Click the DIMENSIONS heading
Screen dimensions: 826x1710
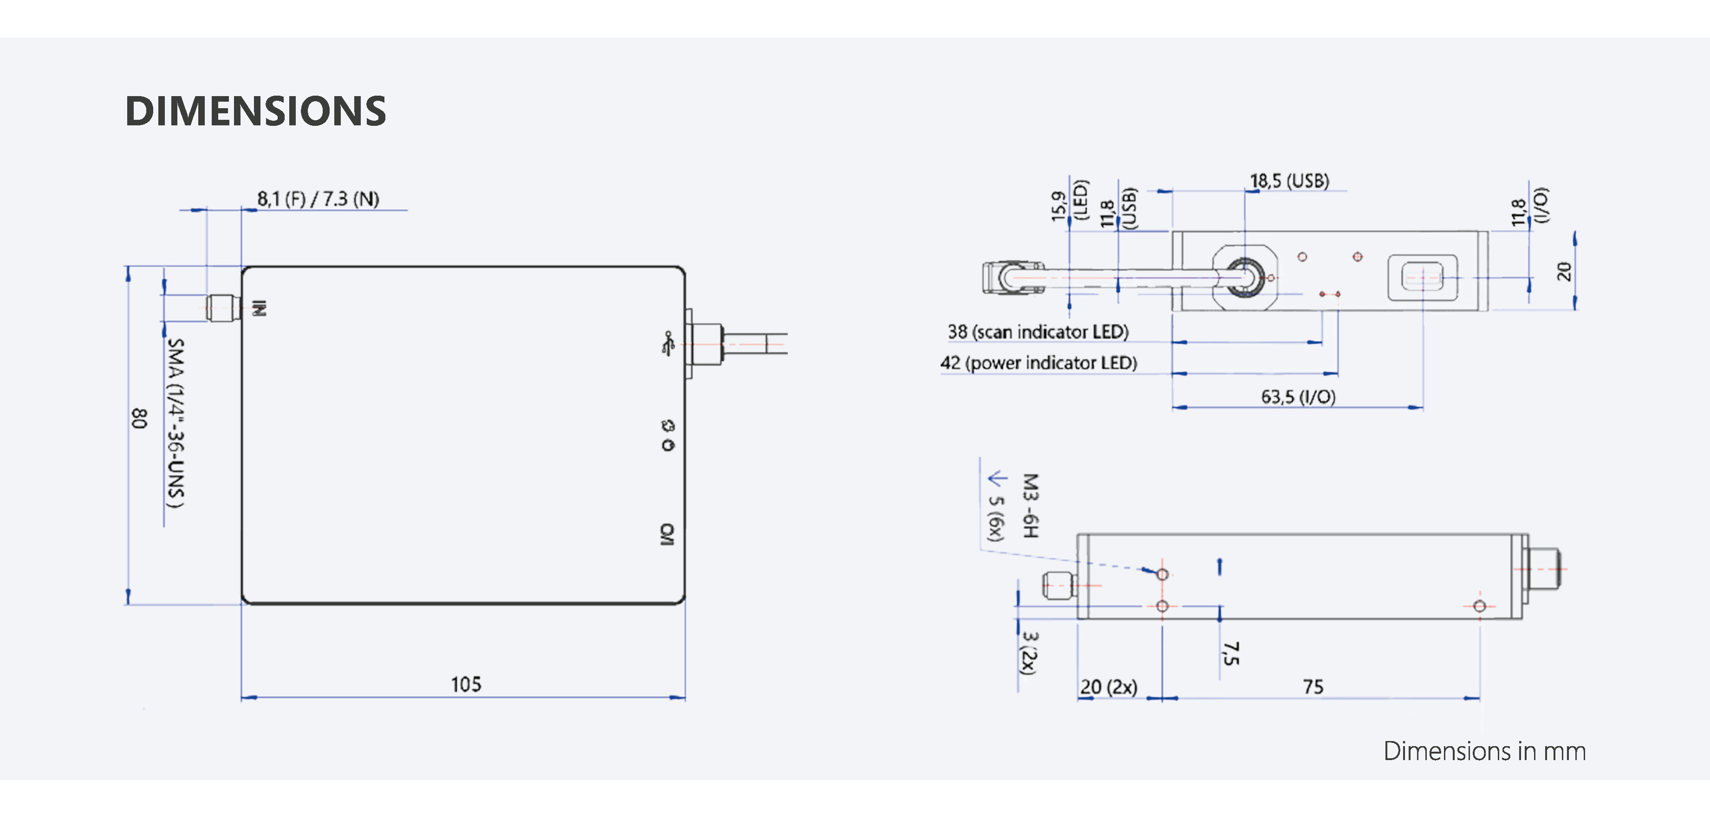255,111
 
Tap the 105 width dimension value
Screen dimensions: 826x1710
466,684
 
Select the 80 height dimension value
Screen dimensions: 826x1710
139,418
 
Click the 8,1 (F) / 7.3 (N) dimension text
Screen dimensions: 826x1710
318,199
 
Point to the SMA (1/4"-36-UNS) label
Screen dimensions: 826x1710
175,423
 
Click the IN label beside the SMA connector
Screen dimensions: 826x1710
260,309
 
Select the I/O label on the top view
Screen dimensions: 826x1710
667,534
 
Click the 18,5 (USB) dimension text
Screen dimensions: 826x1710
1289,181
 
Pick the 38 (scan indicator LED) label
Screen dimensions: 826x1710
1038,332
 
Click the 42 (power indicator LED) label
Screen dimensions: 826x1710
1038,363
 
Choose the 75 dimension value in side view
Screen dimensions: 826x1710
1313,687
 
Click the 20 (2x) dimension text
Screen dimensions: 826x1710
1109,687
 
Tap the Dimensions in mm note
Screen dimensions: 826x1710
1484,751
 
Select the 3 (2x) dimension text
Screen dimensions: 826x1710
1029,653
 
